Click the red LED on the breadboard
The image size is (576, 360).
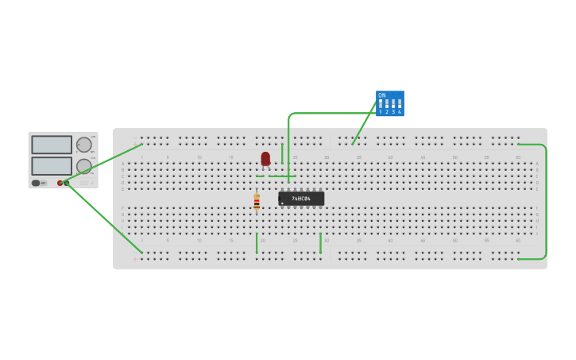[265, 158]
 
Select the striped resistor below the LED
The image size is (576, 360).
[257, 201]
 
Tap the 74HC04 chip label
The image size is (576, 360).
[301, 198]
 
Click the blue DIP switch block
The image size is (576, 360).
[389, 103]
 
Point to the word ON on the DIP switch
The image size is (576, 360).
[382, 95]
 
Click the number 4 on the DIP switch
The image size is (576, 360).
[400, 112]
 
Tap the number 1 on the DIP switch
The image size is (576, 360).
[381, 112]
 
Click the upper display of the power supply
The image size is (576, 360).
[52, 145]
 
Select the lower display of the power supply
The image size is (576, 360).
[52, 165]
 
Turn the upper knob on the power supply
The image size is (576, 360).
[83, 145]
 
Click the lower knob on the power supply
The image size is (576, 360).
[83, 166]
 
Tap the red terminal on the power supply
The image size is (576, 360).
[60, 183]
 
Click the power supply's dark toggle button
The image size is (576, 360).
[36, 183]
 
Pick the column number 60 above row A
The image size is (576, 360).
[518, 157]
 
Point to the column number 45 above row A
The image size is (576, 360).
[422, 157]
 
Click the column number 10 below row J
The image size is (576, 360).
[199, 240]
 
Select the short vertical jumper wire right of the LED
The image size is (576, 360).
[282, 153]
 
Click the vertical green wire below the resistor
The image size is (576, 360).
[257, 242]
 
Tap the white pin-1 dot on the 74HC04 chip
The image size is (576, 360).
[282, 203]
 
